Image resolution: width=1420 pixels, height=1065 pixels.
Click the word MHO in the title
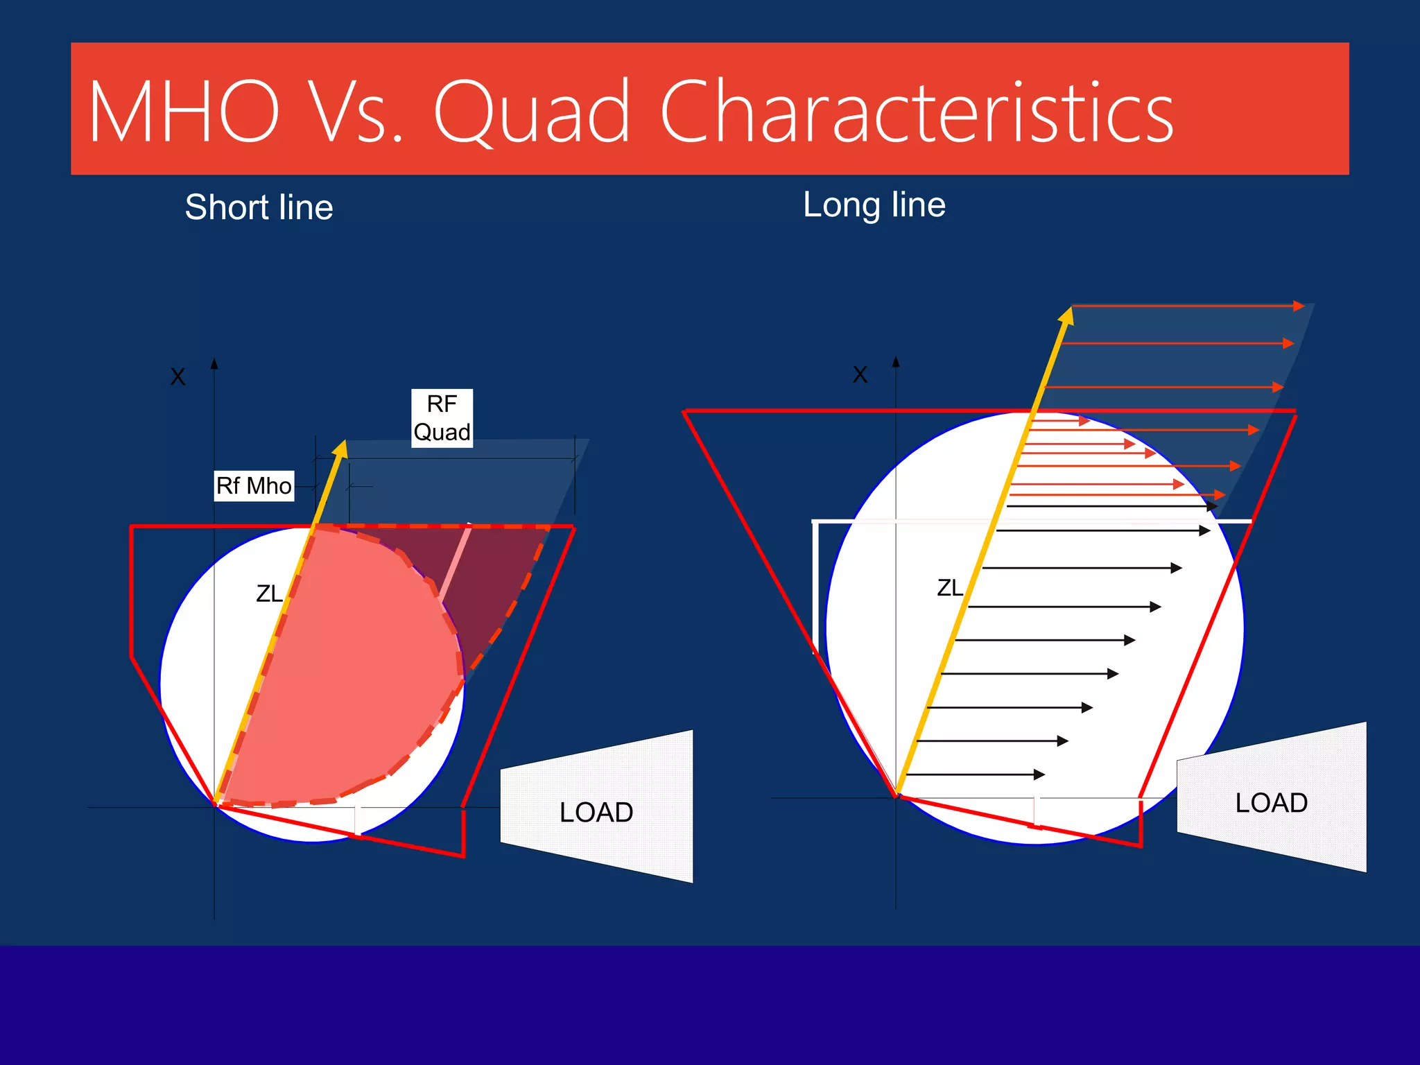coord(184,112)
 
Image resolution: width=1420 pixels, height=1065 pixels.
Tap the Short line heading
coord(259,207)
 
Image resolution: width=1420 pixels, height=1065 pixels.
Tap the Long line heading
coord(874,205)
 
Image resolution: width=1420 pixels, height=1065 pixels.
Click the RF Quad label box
coord(442,418)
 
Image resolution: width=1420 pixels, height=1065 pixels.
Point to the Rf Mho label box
coord(254,485)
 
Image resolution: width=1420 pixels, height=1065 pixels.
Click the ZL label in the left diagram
coord(269,594)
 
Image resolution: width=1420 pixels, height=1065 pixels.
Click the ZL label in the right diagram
coord(950,588)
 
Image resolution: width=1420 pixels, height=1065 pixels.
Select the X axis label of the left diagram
coord(178,377)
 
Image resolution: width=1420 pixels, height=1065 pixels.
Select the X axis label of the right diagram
coord(860,374)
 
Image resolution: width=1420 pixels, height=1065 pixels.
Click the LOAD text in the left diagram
coord(596,812)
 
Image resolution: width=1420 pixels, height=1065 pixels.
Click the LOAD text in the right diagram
coord(1271,803)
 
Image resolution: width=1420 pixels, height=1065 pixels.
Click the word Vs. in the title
coord(354,112)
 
